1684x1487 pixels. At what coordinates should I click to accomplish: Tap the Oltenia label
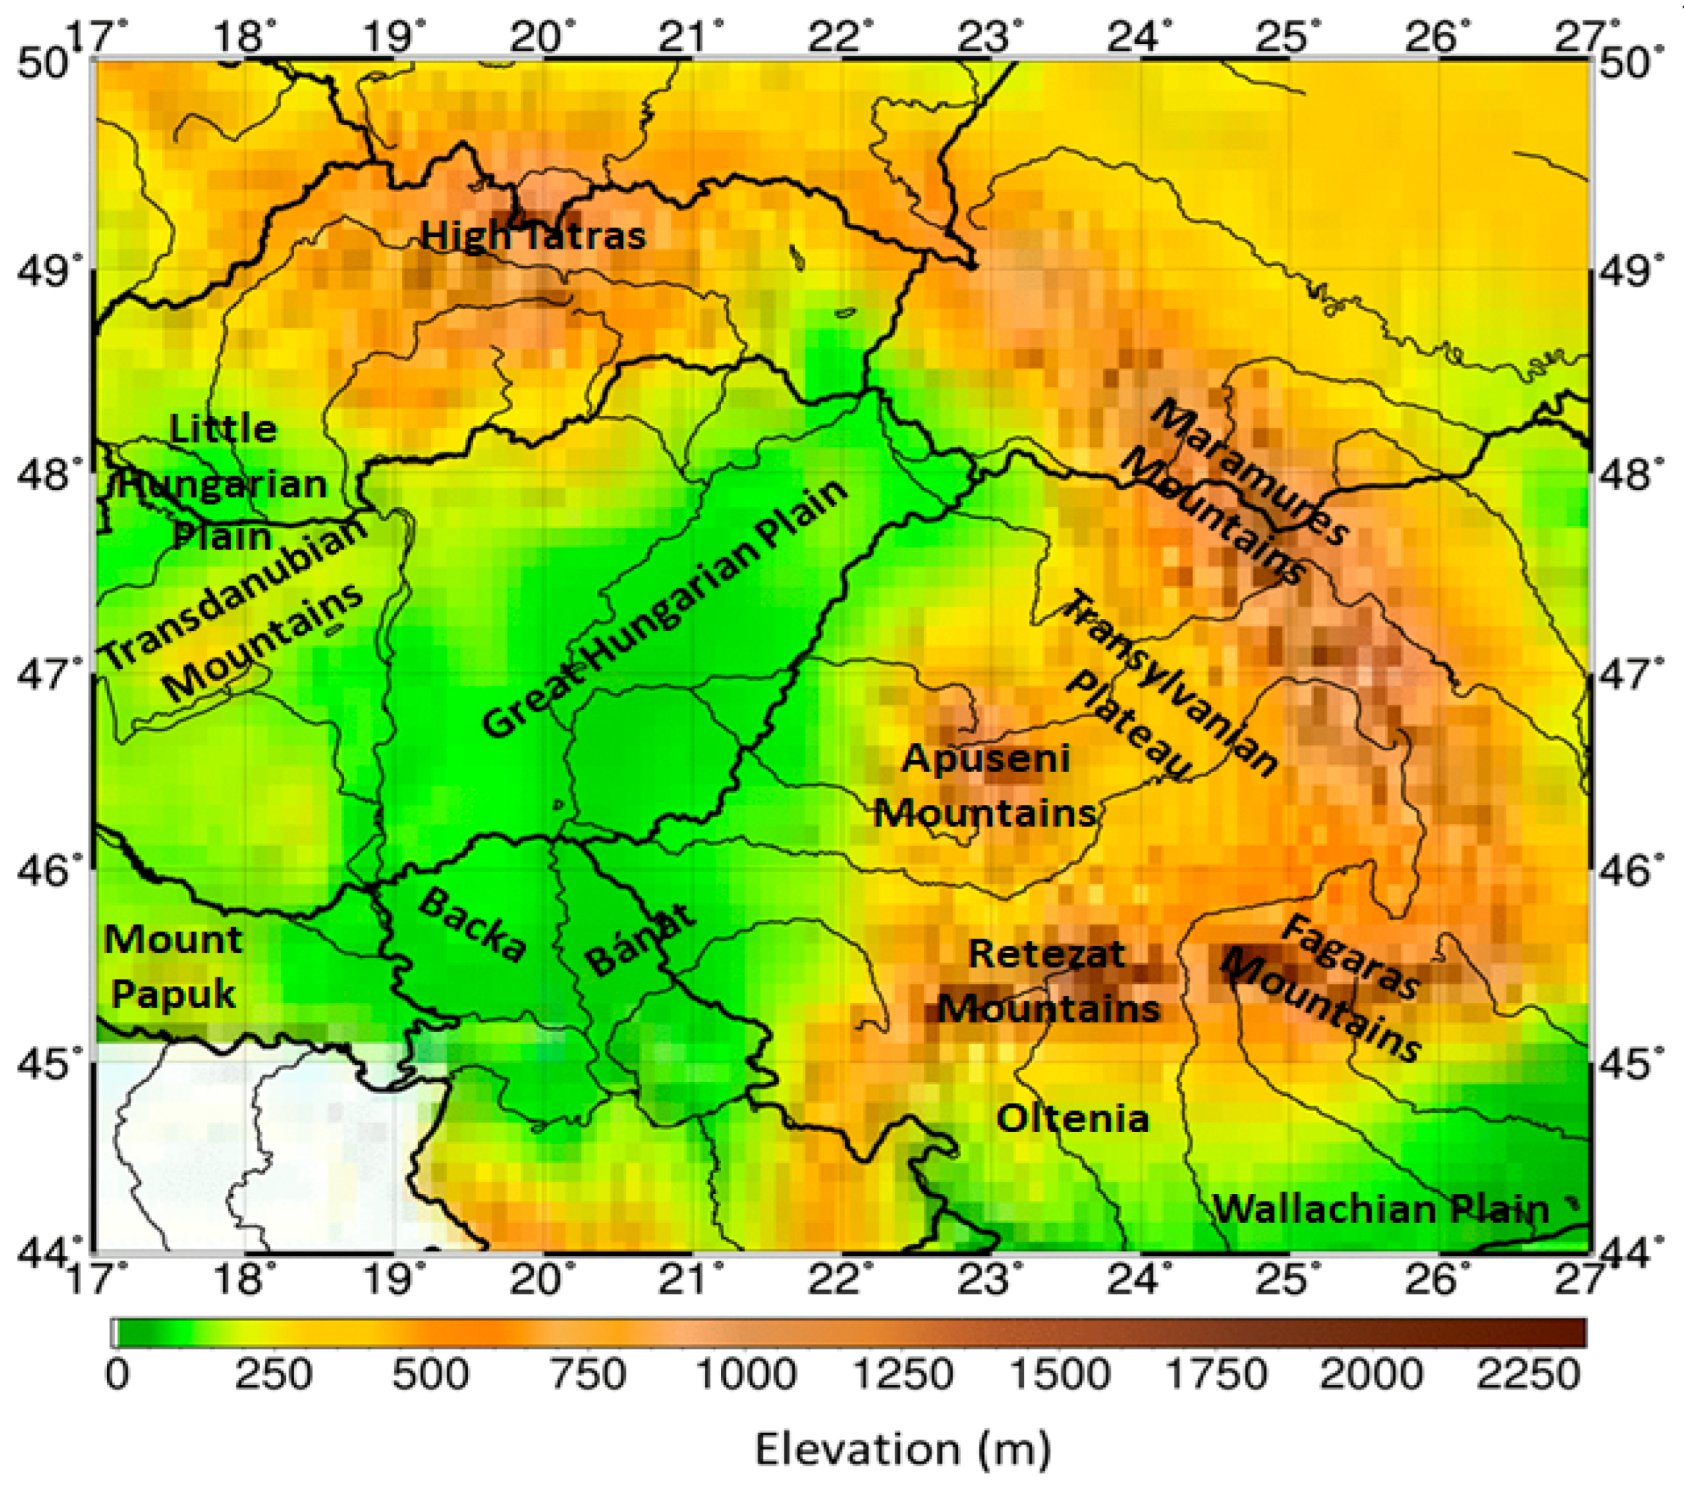[x=1072, y=1119]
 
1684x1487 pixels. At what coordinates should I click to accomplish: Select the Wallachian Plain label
[x=1382, y=1209]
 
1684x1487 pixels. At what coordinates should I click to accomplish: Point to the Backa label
[x=472, y=926]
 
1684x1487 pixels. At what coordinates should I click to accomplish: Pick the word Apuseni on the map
[x=986, y=759]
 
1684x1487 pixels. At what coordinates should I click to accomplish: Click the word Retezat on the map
[x=1046, y=954]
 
